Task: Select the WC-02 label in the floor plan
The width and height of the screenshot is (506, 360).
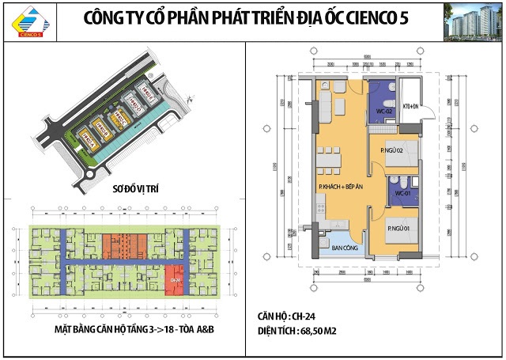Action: click(x=384, y=112)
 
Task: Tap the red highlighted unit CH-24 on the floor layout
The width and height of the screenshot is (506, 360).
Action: click(x=174, y=280)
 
